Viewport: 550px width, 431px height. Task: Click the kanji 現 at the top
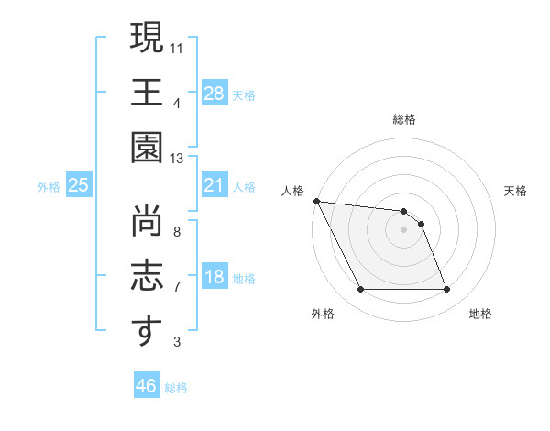tap(146, 39)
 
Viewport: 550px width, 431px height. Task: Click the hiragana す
tap(146, 331)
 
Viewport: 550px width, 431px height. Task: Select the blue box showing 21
tap(214, 185)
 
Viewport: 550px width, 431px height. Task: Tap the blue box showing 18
tap(214, 277)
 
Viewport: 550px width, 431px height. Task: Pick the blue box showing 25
tap(79, 185)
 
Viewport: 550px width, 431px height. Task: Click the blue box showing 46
tap(147, 386)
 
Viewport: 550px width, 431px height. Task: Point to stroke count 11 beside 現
tap(177, 46)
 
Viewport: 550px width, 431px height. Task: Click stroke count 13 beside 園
tap(177, 159)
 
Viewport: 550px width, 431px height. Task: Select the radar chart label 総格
tap(404, 119)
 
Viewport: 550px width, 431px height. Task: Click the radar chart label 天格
tap(515, 191)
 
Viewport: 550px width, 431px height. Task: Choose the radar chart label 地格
tap(480, 314)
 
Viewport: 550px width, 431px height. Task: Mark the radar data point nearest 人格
tap(317, 201)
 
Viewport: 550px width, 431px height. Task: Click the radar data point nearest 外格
tap(360, 290)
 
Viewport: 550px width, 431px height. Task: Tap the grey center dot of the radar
tap(403, 229)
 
